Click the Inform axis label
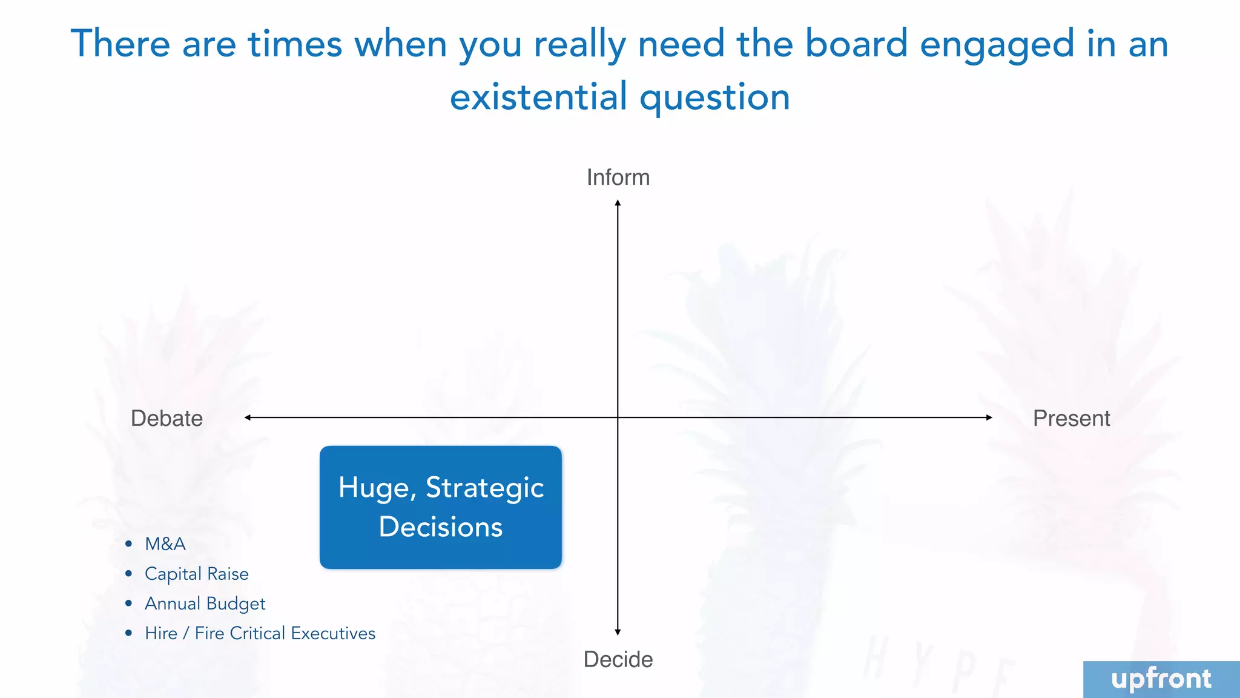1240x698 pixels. tap(618, 178)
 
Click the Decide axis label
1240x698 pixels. tap(618, 659)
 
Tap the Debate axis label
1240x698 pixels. tap(167, 418)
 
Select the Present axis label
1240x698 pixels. tap(1071, 418)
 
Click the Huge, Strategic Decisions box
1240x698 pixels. tap(441, 507)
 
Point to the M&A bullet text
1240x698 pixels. tap(165, 544)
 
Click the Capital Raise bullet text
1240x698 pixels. tap(197, 574)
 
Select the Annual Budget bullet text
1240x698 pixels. tap(205, 603)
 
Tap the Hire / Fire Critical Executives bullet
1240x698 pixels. tap(260, 633)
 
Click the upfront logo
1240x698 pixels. tap(1161, 679)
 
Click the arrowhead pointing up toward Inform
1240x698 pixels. tap(618, 203)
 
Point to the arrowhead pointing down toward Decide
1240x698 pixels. tap(618, 632)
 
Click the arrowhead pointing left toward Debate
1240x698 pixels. tap(248, 417)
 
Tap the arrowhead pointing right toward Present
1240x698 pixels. tap(989, 417)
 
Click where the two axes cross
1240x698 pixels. tap(618, 417)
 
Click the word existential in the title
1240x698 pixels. tap(538, 97)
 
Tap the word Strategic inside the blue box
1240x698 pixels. tap(484, 488)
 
